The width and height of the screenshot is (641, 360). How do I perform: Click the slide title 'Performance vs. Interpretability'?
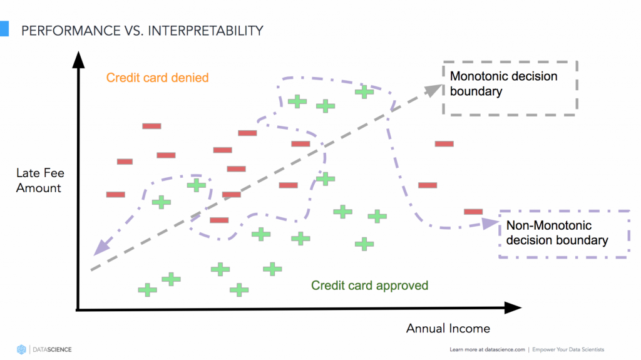pos(142,30)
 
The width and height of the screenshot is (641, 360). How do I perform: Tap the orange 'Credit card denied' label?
pos(157,78)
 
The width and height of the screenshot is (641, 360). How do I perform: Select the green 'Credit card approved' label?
pos(370,285)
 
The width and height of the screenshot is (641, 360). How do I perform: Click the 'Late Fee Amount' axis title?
pos(39,180)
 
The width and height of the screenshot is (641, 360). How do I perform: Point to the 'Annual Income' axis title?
pos(448,328)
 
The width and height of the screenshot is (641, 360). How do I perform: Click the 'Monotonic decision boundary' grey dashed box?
pos(510,88)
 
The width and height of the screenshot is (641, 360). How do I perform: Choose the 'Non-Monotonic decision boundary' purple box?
pos(563,233)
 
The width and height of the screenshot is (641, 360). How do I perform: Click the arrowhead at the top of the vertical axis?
pos(78,59)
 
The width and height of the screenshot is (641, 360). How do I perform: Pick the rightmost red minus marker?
pos(473,212)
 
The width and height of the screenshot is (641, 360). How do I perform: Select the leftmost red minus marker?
pos(116,194)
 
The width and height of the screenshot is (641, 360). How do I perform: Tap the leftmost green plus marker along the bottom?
pos(148,290)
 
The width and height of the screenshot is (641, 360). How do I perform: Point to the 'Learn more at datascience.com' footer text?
pos(486,349)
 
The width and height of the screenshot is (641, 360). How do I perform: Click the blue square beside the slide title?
pos(4,29)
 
